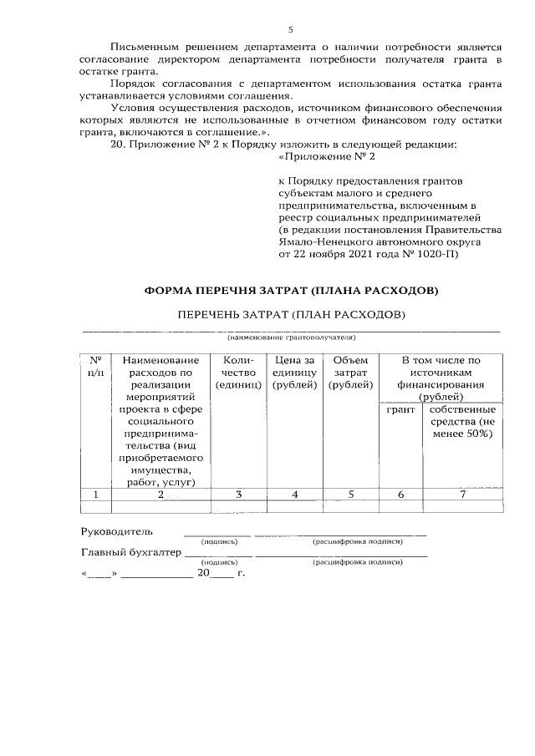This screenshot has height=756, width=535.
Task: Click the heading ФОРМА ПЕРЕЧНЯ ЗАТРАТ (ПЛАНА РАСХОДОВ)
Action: tap(290, 291)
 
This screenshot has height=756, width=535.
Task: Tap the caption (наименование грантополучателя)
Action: tap(291, 338)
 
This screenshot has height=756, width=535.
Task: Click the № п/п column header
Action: tap(95, 366)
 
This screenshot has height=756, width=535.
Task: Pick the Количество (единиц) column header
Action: tap(238, 372)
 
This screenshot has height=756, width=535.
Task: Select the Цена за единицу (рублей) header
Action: tap(294, 372)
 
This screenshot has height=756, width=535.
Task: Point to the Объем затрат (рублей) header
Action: tap(350, 372)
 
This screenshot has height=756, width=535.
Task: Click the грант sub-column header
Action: tap(400, 410)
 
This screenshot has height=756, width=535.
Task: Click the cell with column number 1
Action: tap(95, 495)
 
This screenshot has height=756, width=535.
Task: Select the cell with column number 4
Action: tap(294, 495)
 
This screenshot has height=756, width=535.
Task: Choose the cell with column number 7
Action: tap(462, 495)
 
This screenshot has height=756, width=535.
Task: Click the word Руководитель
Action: tap(117, 530)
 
